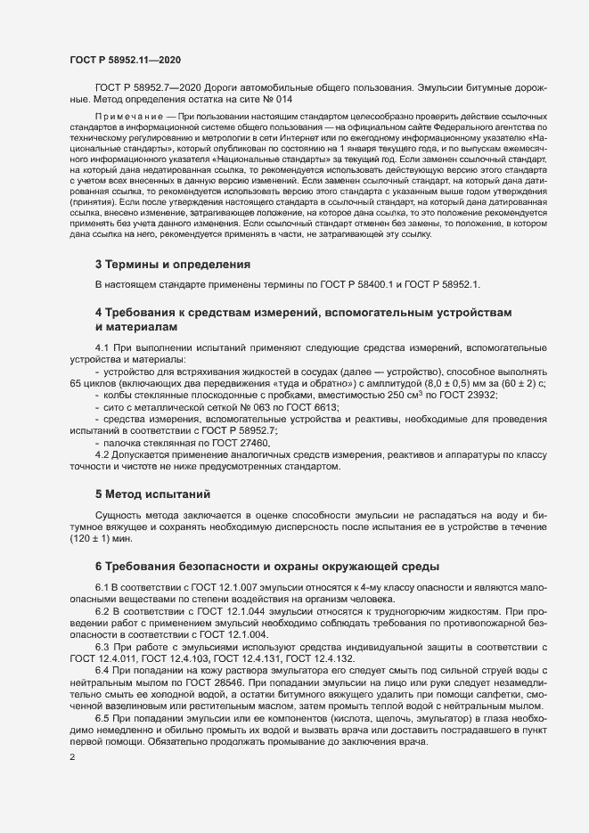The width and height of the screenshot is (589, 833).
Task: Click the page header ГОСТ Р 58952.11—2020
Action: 125,60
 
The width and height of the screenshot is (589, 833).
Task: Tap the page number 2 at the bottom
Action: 72,758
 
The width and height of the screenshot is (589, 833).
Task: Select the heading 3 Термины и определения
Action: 172,265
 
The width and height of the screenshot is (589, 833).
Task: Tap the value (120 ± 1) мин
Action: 105,538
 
